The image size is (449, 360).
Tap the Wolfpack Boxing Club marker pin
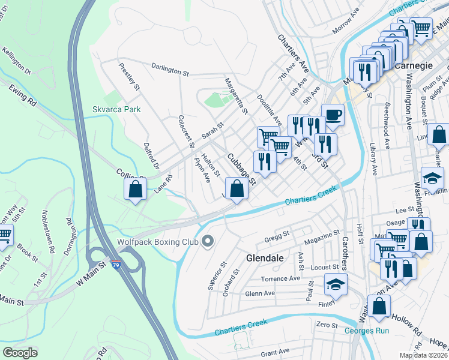point(208,241)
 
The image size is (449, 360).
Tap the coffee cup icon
point(333,115)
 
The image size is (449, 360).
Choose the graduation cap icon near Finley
point(336,284)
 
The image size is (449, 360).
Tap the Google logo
point(20,352)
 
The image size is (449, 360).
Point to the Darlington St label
point(170,70)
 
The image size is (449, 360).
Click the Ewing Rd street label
point(23,95)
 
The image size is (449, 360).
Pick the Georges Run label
point(367,331)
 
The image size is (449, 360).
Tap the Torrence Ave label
point(280,279)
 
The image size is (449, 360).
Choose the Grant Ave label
point(276,351)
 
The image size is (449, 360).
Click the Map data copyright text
point(423,355)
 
